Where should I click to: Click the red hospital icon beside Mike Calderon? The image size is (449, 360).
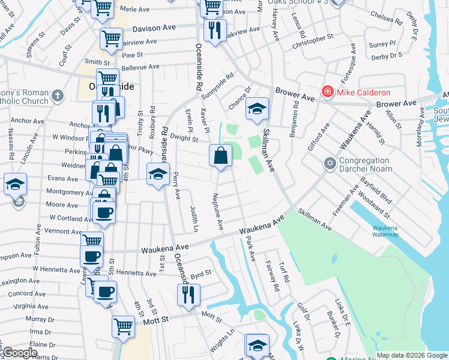pos(327,92)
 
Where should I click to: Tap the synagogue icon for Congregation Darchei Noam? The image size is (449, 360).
pos(329,163)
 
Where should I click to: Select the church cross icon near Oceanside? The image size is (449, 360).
pos(57,95)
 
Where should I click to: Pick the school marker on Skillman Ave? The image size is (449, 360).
pos(258,109)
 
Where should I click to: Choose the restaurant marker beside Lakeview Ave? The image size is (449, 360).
pos(215,29)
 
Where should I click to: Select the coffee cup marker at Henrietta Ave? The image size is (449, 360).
pos(106,292)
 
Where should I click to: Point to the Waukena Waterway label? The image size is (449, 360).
pos(384,231)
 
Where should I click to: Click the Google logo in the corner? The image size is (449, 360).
pos(19,353)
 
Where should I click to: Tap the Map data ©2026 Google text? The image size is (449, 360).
pos(412,355)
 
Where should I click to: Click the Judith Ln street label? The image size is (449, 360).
pos(194,218)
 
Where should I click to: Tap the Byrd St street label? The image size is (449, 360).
pos(201,274)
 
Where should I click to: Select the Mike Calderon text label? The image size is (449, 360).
pos(364,92)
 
